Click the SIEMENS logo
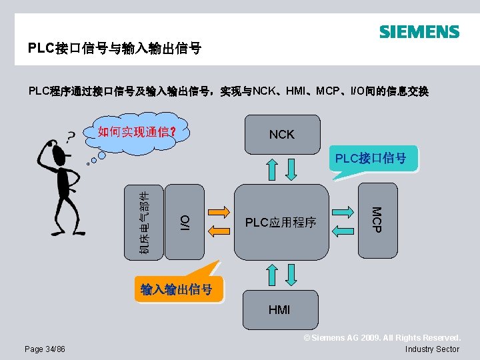pyautogui.click(x=419, y=32)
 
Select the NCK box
pyautogui.click(x=281, y=135)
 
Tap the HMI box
pyautogui.click(x=279, y=309)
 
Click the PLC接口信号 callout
pyautogui.click(x=371, y=159)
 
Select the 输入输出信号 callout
pyautogui.click(x=177, y=289)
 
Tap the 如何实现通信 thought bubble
pyautogui.click(x=136, y=131)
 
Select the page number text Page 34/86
pyautogui.click(x=45, y=349)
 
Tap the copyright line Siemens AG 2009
pyautogui.click(x=382, y=339)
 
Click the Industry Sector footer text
pyautogui.click(x=432, y=349)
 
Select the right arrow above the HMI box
pyautogui.click(x=291, y=275)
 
